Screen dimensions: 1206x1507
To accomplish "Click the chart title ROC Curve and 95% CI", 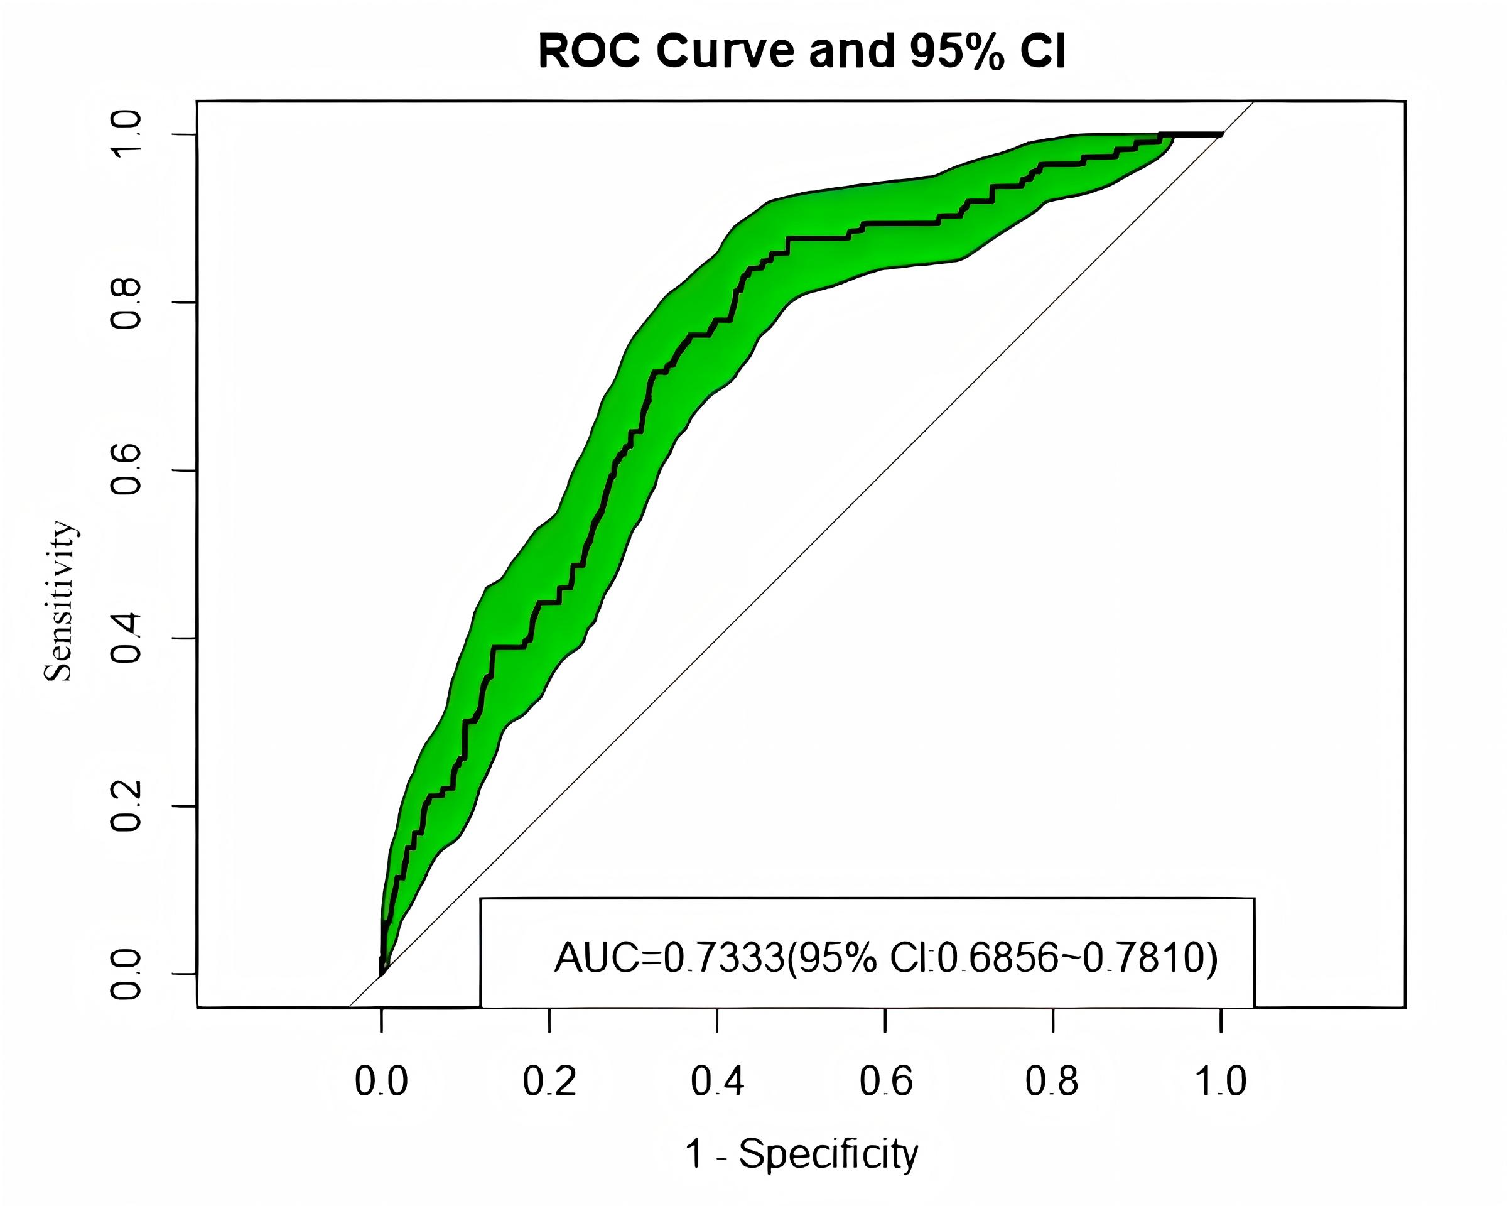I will tap(802, 50).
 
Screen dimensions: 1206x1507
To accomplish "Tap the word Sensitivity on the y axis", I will tap(59, 601).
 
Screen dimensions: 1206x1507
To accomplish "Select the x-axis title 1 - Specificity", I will tap(802, 1154).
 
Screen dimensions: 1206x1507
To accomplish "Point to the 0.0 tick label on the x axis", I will tap(381, 1082).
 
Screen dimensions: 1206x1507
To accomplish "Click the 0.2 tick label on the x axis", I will tap(549, 1082).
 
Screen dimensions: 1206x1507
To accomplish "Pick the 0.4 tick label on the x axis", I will tap(717, 1082).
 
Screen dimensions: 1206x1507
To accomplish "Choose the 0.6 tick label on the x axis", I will tap(885, 1082).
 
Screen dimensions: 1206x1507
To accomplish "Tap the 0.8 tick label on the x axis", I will tap(1052, 1082).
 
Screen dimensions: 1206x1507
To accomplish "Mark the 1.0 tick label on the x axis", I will tap(1221, 1082).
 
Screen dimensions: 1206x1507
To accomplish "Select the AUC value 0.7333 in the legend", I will tap(724, 958).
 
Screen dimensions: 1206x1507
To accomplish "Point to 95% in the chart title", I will tap(958, 50).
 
